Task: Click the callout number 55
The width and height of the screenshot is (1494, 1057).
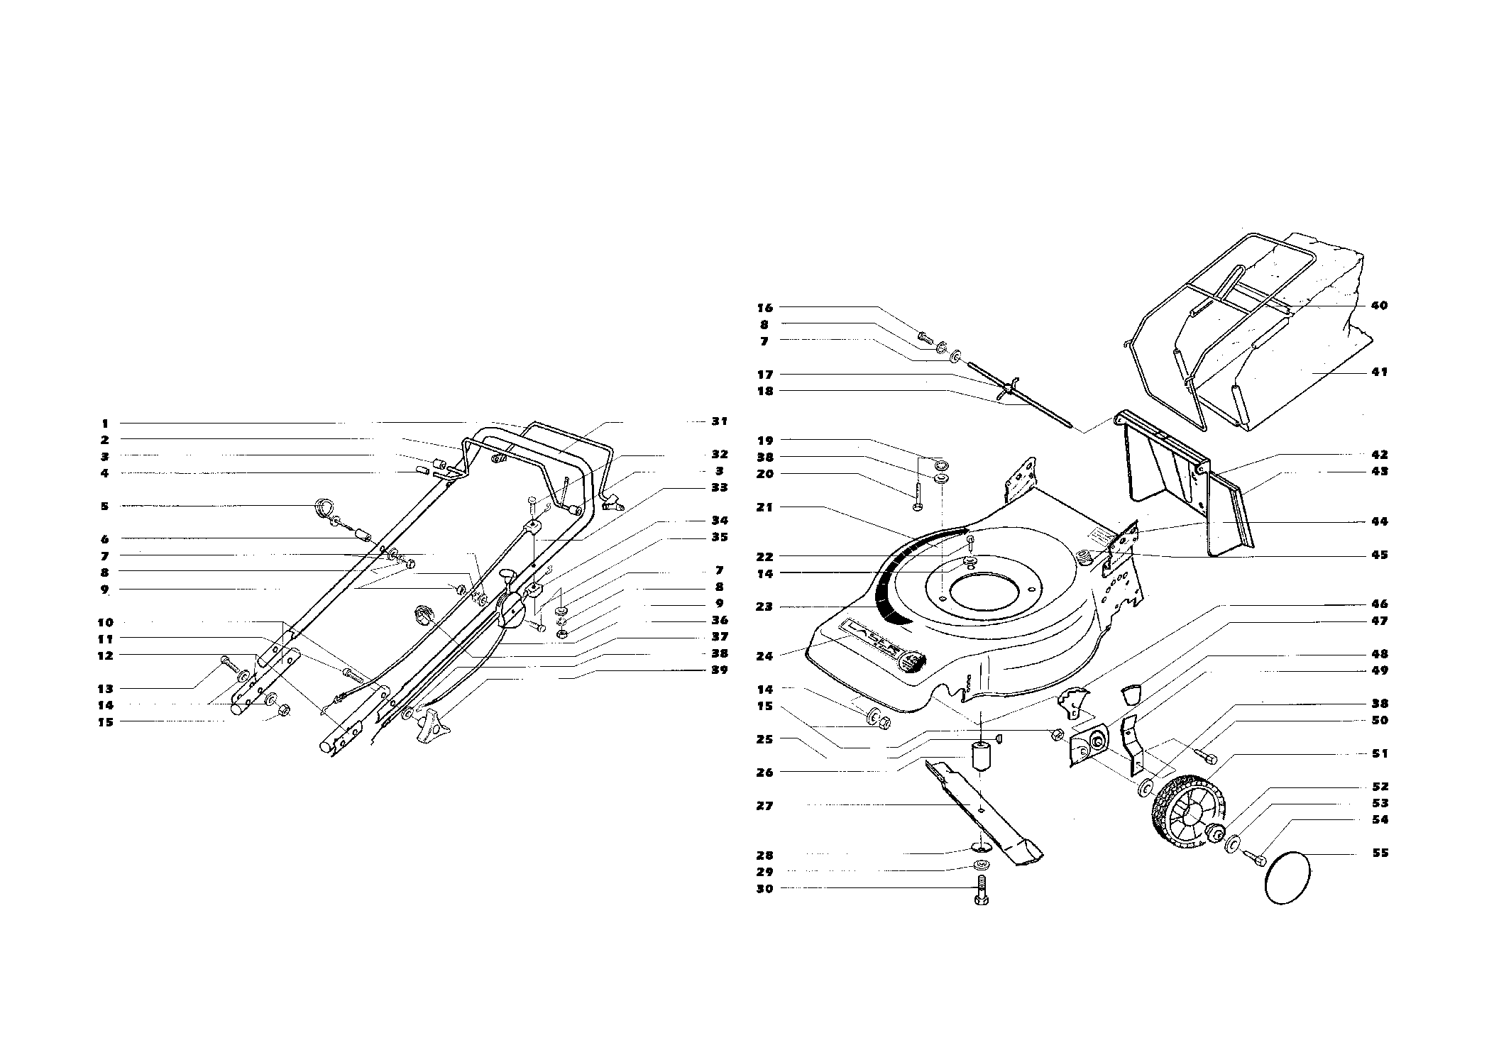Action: pyautogui.click(x=1379, y=853)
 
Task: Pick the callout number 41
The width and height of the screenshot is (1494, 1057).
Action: pyautogui.click(x=1379, y=372)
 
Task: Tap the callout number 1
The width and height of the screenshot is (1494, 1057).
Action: pyautogui.click(x=105, y=424)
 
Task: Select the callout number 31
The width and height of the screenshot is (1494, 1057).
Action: pyautogui.click(x=719, y=421)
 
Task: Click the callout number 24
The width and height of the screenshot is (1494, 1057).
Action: pyautogui.click(x=764, y=656)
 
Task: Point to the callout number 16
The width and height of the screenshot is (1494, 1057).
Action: pyautogui.click(x=764, y=308)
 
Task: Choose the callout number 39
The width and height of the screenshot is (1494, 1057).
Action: pyautogui.click(x=719, y=670)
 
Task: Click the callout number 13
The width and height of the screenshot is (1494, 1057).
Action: pyautogui.click(x=105, y=688)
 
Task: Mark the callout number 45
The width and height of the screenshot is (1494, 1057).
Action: pyautogui.click(x=1379, y=555)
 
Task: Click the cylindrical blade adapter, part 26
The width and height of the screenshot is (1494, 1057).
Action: pyautogui.click(x=980, y=756)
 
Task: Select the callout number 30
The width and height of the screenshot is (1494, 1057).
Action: pyautogui.click(x=764, y=888)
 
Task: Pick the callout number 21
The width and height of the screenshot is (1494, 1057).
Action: pyautogui.click(x=764, y=507)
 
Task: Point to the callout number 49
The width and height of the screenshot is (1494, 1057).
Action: pyautogui.click(x=1379, y=670)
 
